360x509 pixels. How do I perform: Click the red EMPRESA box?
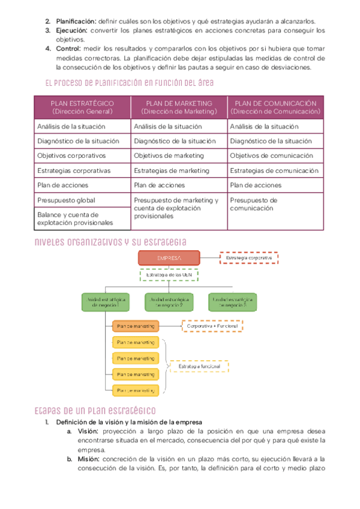pos(169,258)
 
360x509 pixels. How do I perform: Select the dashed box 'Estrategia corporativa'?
pos(249,258)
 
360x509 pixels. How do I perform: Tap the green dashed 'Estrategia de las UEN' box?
pos(169,275)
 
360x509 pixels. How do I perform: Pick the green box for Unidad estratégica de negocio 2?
pos(169,301)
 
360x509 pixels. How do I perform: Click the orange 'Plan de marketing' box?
pos(136,327)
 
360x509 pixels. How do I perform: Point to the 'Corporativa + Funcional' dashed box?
pos(212,327)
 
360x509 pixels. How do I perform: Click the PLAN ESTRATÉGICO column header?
pos(82,107)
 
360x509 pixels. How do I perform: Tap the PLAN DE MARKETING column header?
pos(179,107)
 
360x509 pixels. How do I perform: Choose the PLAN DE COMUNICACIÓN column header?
pos(275,107)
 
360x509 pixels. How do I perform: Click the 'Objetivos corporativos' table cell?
pos(82,155)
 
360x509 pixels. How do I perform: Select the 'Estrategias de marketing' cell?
pos(179,170)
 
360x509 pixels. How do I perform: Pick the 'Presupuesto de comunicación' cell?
pos(275,204)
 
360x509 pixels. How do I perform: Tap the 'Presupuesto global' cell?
pos(82,200)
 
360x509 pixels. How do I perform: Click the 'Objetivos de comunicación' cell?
pos(275,155)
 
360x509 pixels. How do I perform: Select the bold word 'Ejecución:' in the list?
pos(72,30)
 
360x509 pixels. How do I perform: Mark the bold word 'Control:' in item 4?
pos(68,48)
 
